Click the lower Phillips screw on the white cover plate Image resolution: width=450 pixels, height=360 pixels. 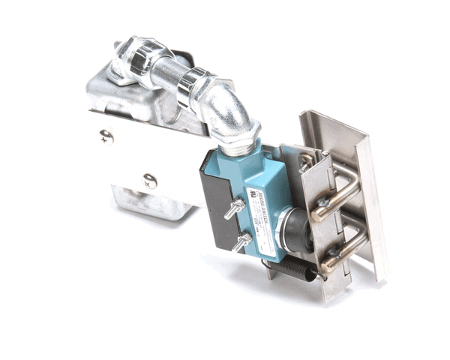[150, 181]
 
